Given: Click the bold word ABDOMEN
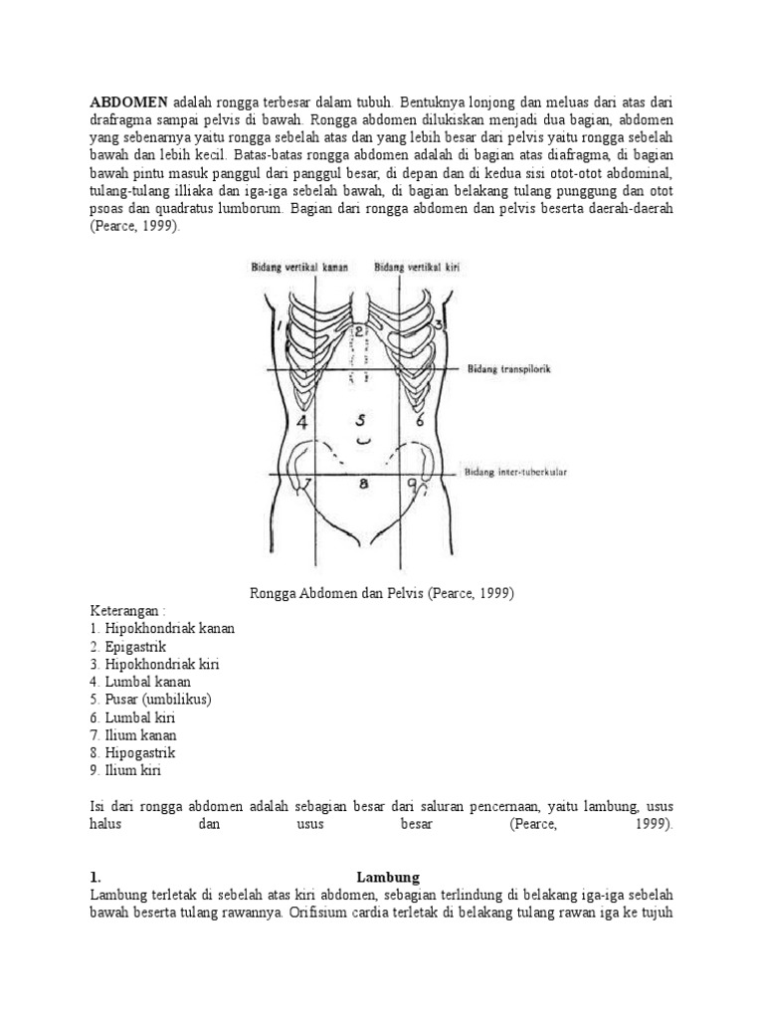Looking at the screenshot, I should point(129,102).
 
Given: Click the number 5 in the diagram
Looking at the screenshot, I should point(362,419).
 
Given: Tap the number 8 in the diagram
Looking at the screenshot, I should point(364,485).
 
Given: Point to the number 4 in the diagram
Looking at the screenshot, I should point(302,421).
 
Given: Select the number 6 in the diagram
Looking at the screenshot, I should point(420,421).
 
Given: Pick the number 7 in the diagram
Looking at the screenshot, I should point(307,485).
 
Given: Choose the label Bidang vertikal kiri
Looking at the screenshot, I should point(416,267).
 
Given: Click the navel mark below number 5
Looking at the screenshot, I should point(363,439).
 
